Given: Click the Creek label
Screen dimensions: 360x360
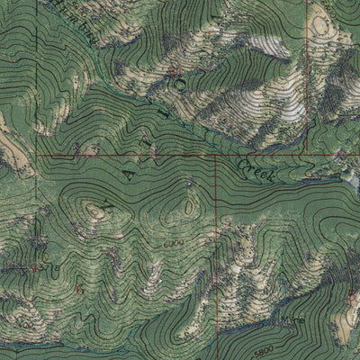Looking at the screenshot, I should (256, 168).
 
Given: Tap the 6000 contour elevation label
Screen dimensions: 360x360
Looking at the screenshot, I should (175, 243).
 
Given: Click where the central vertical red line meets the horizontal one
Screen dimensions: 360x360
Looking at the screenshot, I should (215, 156).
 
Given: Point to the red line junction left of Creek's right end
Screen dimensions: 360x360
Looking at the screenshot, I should (306, 156).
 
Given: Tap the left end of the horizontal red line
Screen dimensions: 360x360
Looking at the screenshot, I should (38, 156).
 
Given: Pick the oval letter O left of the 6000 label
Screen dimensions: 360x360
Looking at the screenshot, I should (187, 208).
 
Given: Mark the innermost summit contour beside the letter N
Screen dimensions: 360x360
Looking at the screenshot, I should (94, 211).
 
